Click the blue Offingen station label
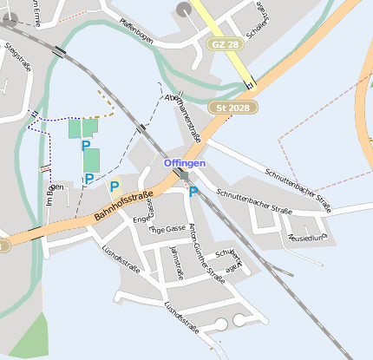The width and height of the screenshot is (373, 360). [x=185, y=162]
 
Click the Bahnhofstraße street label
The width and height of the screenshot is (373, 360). [x=124, y=209]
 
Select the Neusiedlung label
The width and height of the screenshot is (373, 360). [x=308, y=237]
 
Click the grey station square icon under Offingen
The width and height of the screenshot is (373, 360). [x=184, y=175]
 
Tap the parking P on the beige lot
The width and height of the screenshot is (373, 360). [x=115, y=186]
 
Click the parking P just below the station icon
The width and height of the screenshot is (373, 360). [x=193, y=192]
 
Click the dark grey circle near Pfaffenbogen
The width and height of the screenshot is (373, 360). [x=184, y=9]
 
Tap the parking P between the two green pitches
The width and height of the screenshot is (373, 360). [x=86, y=147]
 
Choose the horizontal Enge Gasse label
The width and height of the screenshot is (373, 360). [x=167, y=230]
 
